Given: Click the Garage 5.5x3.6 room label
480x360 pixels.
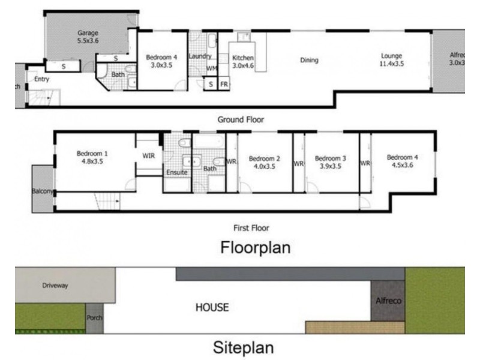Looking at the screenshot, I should click(x=88, y=37).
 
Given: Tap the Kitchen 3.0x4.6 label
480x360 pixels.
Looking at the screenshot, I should click(x=243, y=62).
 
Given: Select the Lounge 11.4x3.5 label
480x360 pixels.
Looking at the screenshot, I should click(x=391, y=59).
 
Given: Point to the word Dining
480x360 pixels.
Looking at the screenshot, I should click(x=310, y=60).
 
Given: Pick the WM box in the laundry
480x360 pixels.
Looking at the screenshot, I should click(x=211, y=68).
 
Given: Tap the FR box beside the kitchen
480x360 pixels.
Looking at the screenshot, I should click(x=224, y=85).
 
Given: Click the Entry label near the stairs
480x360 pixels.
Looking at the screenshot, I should click(x=41, y=79).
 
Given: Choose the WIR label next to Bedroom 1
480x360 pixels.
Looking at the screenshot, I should click(x=148, y=155).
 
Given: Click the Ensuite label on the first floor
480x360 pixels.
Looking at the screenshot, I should click(x=177, y=173).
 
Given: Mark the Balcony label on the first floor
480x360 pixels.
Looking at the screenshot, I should click(x=43, y=192).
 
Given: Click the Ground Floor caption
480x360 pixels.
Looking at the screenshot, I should click(x=241, y=119).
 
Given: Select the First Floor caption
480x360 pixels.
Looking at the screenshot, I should click(x=251, y=228).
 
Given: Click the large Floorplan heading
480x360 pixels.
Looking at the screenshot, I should click(x=256, y=247).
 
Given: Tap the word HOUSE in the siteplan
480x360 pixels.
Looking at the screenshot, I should click(x=212, y=308).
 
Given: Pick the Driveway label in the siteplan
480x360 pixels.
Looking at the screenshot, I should click(x=55, y=286).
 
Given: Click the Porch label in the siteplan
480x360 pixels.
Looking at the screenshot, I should click(x=95, y=319).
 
